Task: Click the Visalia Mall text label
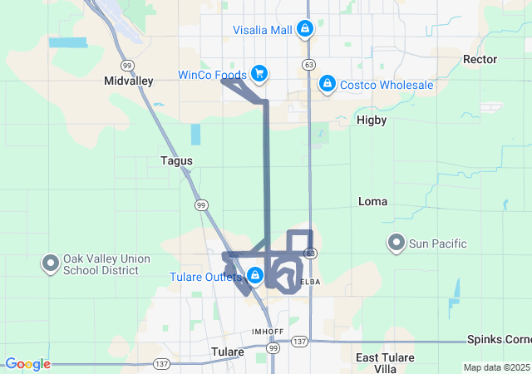[x=263, y=30]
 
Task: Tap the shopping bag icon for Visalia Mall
[x=305, y=30]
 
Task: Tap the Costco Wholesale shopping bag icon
[x=328, y=84]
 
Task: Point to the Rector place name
[x=480, y=59]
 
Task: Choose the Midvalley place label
[x=129, y=81]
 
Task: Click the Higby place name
[x=372, y=120]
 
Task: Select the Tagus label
[x=176, y=160]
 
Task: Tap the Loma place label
[x=372, y=201]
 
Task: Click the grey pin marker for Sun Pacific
[x=397, y=244]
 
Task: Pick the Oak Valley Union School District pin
[x=50, y=263]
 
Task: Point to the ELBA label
[x=308, y=282]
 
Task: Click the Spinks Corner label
[x=499, y=340]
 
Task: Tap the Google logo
[x=27, y=364]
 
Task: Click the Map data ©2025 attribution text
[x=495, y=367]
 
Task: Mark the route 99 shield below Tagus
[x=200, y=204]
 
